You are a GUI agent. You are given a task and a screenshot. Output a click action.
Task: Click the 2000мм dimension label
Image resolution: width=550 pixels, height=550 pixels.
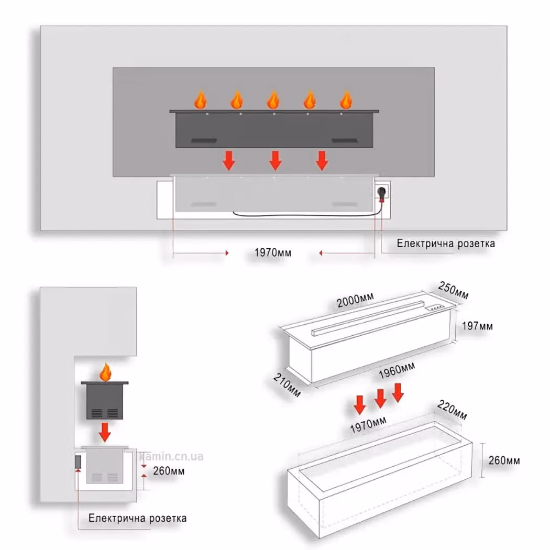(x=355, y=300)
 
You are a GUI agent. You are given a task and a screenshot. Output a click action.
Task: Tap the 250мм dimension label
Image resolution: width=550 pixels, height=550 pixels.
(x=453, y=291)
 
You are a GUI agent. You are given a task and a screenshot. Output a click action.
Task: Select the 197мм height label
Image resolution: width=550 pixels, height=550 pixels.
(x=477, y=326)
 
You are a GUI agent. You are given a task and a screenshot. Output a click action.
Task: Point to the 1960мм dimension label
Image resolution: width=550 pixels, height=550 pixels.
(x=397, y=370)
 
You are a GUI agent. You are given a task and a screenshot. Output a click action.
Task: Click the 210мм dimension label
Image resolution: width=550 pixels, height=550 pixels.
(x=287, y=385)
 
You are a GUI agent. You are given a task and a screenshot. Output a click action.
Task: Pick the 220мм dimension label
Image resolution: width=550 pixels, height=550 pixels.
(x=452, y=410)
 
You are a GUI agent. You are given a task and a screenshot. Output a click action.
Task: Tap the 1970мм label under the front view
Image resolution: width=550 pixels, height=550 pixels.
(x=272, y=252)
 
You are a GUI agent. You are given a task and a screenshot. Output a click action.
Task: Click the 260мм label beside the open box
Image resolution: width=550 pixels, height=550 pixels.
(x=504, y=460)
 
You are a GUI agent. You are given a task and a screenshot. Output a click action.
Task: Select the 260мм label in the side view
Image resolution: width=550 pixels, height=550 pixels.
(x=169, y=471)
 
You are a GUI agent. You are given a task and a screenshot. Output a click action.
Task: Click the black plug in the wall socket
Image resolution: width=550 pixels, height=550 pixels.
(x=382, y=193)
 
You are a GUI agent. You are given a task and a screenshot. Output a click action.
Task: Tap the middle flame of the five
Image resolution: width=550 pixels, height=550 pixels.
(x=273, y=100)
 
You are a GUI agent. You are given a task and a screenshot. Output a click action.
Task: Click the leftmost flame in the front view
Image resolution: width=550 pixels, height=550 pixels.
(x=200, y=100)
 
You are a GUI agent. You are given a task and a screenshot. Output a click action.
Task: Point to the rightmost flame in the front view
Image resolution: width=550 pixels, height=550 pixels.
(x=346, y=100)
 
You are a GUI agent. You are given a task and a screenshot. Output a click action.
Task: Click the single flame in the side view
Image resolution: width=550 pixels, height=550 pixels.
(x=105, y=372)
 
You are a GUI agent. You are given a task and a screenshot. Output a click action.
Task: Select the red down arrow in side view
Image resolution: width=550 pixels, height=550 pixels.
(x=105, y=432)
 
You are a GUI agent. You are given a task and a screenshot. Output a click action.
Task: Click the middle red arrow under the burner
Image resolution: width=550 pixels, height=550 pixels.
(x=276, y=161)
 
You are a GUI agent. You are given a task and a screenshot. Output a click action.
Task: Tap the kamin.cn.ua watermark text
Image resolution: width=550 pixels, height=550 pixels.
(x=171, y=456)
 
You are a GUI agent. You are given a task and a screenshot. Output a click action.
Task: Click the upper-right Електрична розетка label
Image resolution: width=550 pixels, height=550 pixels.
(x=446, y=244)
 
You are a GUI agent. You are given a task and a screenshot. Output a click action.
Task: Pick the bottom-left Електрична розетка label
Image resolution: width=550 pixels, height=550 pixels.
(x=137, y=518)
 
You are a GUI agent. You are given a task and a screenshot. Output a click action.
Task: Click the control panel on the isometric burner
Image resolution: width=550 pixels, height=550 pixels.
(x=434, y=308)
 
